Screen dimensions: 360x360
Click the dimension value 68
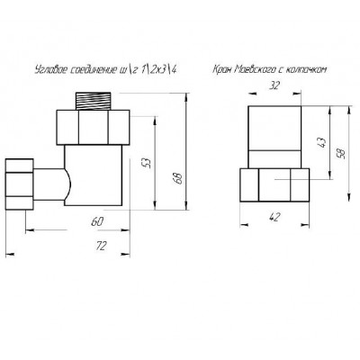pyautogui.click(x=178, y=178)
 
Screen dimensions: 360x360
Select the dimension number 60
pyautogui.click(x=97, y=222)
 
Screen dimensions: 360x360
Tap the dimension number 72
pyautogui.click(x=101, y=246)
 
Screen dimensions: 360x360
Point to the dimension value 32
pyautogui.click(x=274, y=85)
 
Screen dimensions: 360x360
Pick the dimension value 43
pyautogui.click(x=321, y=142)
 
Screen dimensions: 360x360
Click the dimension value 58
pyautogui.click(x=342, y=153)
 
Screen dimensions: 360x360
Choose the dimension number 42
pyautogui.click(x=275, y=217)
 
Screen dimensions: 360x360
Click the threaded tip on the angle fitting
pyautogui.click(x=93, y=102)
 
